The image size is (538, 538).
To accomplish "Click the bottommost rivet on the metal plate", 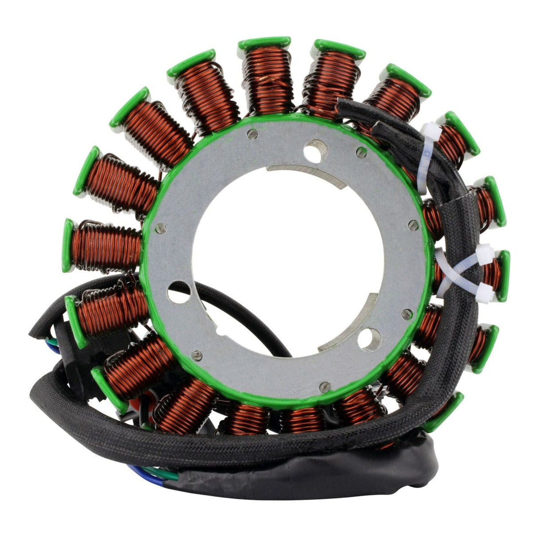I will [327, 385].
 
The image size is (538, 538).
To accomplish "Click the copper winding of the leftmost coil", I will [106, 245].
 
